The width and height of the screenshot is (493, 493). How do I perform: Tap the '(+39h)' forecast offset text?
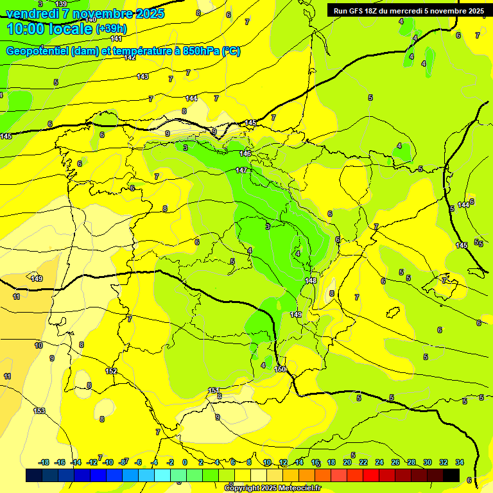point(111,29)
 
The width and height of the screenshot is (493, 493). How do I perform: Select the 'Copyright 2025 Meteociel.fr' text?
point(273,488)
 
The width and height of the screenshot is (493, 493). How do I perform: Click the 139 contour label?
point(61,4)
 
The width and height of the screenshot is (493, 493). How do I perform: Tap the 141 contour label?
point(116,39)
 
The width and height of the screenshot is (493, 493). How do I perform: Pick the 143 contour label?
point(143,76)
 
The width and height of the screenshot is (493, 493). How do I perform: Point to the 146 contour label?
point(245,153)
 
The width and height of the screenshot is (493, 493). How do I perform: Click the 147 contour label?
point(241,170)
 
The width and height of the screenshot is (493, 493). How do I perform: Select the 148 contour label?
point(311,281)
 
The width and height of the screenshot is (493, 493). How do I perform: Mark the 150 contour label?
point(280,369)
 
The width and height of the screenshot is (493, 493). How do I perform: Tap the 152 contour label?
point(111,371)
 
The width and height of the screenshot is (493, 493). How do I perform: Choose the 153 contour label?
point(39,411)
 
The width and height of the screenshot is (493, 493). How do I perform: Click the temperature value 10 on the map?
point(39,345)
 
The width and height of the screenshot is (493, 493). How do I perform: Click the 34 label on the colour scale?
point(460,462)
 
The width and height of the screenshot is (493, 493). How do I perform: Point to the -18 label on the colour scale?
point(44,462)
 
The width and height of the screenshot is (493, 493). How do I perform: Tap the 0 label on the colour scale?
point(185,462)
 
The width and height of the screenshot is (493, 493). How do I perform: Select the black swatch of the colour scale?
point(451,475)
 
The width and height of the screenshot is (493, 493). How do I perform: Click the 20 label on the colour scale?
point(347,462)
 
